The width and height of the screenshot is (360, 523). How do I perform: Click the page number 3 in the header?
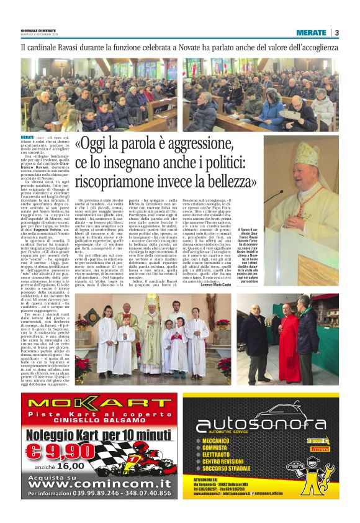tap(336, 32)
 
